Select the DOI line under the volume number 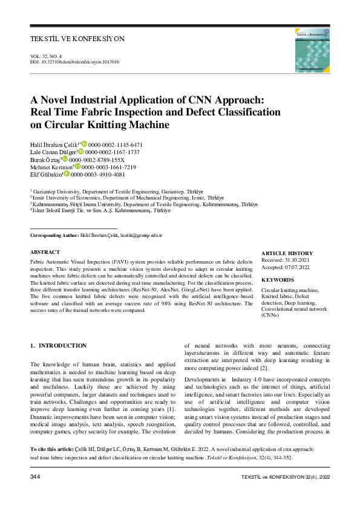pos(74,62)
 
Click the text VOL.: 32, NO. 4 pos(50,57)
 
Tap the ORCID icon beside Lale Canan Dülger pos(89,152)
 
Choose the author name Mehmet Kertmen pos(51,167)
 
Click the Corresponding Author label pos(54,235)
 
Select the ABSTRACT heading pos(45,252)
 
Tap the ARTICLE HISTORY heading pos(287,253)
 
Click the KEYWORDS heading pos(278,280)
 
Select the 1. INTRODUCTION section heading pos(59,346)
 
